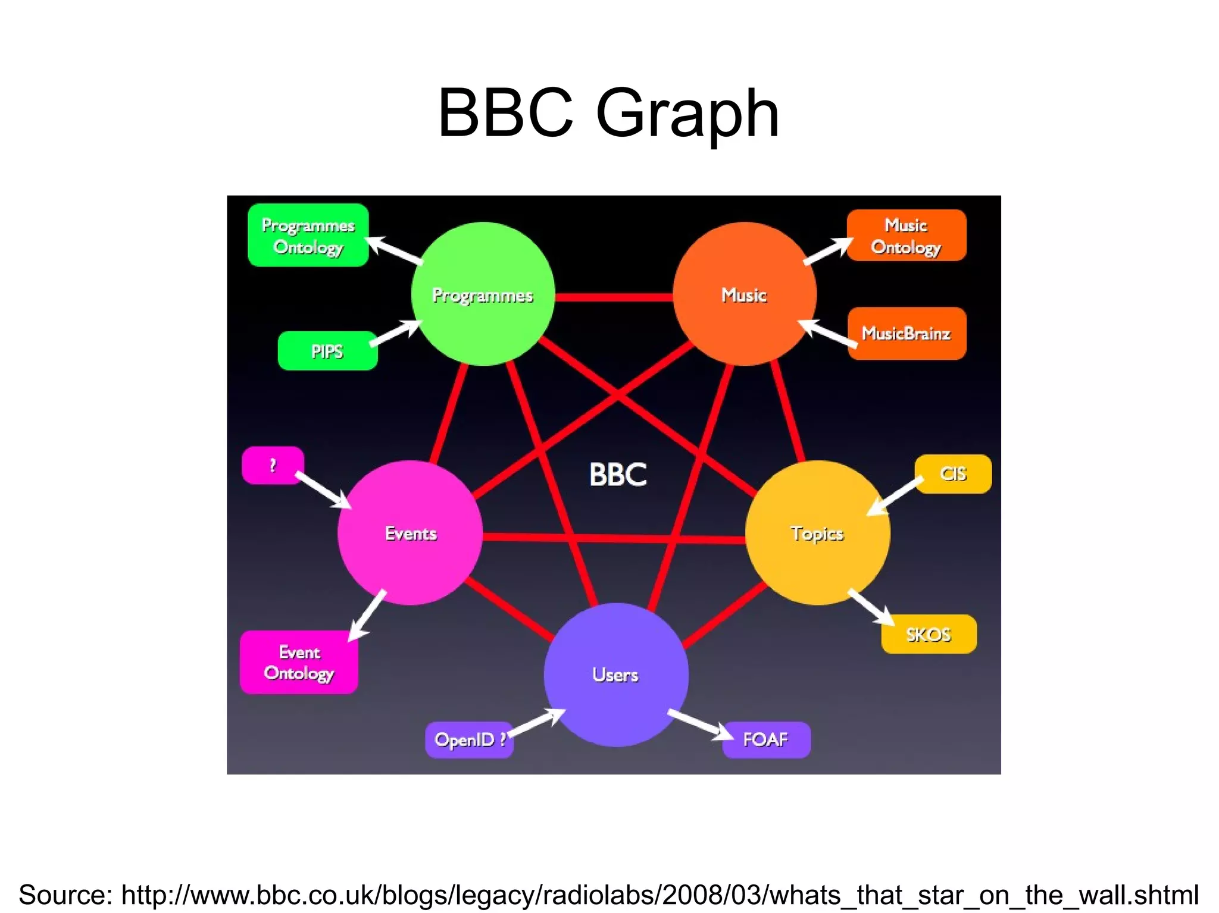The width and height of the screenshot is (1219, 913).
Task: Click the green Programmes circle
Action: (483, 294)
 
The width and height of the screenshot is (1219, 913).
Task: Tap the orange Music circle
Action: (744, 294)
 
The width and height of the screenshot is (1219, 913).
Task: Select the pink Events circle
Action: (410, 533)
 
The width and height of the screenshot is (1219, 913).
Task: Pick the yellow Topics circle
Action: (817, 533)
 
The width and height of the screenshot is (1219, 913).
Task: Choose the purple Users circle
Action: (616, 674)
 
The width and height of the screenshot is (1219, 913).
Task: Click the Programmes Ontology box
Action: (308, 236)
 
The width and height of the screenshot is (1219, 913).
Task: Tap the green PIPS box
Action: (327, 351)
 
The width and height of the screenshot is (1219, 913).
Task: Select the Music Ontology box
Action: (906, 236)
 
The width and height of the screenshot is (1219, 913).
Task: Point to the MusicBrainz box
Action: (907, 333)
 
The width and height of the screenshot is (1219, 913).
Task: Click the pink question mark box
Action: (273, 465)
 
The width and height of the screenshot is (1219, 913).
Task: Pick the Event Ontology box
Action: (299, 662)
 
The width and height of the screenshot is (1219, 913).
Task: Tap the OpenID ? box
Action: (469, 739)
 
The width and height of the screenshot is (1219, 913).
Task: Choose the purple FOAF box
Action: (766, 739)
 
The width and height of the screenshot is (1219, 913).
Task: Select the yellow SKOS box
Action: (929, 634)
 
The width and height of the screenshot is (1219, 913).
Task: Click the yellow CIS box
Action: (953, 473)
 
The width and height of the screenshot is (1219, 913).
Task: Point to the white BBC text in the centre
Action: (618, 475)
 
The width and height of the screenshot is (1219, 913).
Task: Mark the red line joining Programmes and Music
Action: (614, 297)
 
